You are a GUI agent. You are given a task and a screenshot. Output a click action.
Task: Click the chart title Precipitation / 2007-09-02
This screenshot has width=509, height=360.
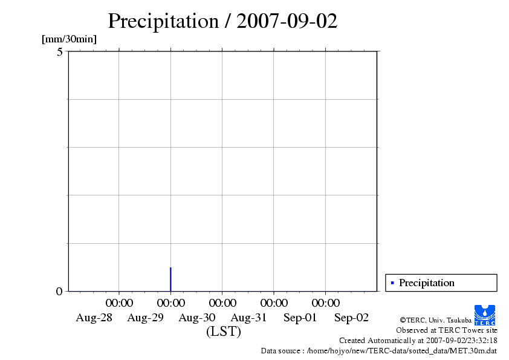pos(222,21)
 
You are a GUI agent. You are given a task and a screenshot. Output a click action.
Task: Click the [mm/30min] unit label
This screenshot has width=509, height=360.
pos(69,39)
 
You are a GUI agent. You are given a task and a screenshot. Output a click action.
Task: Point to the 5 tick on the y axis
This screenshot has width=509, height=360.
pos(59,52)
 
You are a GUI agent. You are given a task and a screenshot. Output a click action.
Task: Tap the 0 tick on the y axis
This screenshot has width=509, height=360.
pos(59,292)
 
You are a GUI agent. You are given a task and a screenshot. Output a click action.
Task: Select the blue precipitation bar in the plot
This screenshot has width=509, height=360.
pos(170,279)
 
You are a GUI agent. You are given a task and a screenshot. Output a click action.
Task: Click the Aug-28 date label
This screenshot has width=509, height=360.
pos(94,318)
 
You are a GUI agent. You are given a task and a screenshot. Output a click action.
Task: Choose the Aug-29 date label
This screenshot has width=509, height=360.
pos(146,318)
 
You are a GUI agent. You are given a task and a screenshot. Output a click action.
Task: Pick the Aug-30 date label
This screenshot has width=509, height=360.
pos(197,318)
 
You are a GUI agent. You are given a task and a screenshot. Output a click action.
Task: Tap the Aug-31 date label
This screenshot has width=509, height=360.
pos(249,318)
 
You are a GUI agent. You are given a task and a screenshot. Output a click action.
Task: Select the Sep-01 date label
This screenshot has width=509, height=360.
pos(300,318)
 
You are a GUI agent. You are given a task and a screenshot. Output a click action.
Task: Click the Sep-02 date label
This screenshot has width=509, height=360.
pos(352,318)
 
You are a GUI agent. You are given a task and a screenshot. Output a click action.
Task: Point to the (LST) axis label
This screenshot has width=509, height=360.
pos(223,332)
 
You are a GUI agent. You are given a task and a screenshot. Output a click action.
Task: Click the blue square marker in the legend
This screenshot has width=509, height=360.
pos(392,283)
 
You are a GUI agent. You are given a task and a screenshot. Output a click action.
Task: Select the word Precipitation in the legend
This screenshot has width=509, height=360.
pos(426,283)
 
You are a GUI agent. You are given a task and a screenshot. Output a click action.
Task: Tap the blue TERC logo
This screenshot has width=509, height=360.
pos(485,315)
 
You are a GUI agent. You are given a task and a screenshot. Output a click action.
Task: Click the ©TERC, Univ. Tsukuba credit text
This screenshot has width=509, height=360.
pos(435,320)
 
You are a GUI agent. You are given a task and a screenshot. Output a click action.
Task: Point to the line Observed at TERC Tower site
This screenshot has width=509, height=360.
pos(446,330)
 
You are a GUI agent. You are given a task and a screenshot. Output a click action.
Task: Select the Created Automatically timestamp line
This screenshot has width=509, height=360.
pos(418,341)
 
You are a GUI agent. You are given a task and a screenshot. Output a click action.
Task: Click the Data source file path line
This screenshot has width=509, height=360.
pos(378,350)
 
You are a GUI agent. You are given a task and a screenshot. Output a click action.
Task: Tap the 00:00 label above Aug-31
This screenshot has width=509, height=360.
pos(274,303)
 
